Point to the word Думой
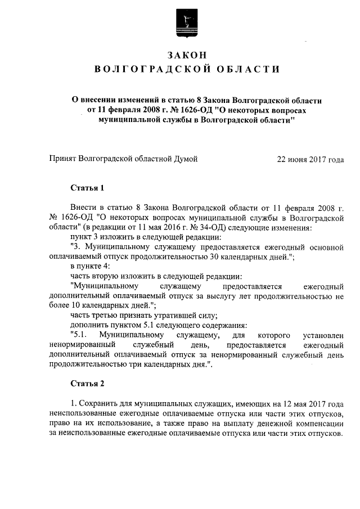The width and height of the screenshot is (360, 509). tap(186, 159)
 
